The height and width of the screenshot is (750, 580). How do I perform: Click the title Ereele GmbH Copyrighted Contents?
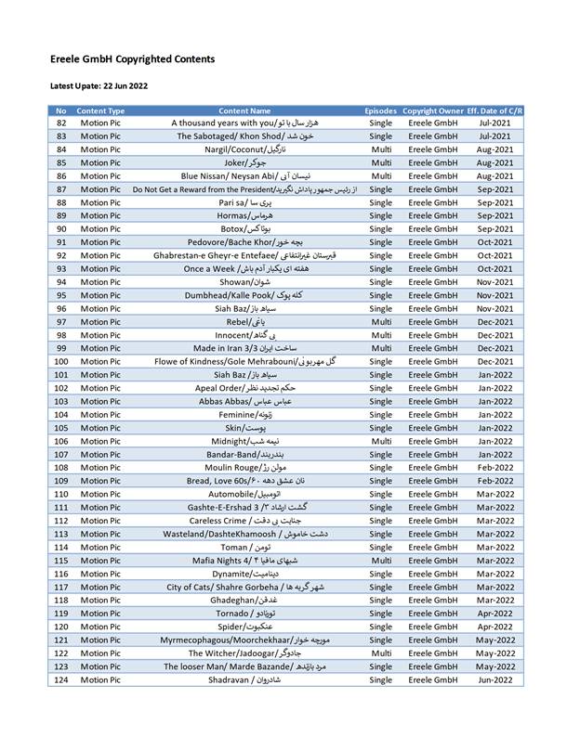point(132,59)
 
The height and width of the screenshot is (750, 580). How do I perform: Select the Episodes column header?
point(381,110)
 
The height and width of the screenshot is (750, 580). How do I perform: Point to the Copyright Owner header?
point(432,110)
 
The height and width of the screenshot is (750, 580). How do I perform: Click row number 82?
point(61,123)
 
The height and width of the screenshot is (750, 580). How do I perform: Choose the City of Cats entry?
point(245,587)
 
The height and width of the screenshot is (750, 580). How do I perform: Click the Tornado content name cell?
point(245,614)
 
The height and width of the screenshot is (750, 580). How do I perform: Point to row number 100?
point(61,361)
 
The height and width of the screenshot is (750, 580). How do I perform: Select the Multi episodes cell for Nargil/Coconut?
point(381,149)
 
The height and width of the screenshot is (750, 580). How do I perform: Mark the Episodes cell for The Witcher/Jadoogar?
point(381,653)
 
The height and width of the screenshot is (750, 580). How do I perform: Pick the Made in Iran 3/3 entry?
point(245,348)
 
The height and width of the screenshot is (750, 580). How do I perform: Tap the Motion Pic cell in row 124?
point(100,680)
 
